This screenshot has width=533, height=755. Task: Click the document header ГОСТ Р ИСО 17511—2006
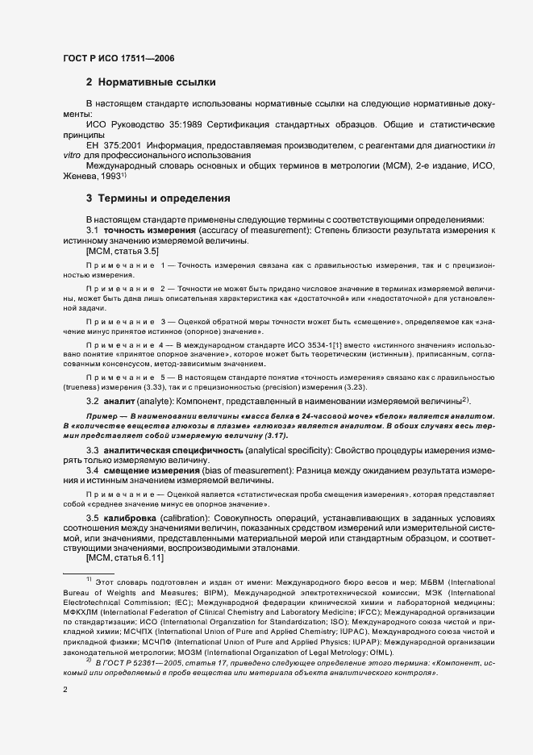pos(118,58)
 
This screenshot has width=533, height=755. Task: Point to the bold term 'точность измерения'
pos(141,232)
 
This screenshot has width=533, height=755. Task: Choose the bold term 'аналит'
pos(120,401)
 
